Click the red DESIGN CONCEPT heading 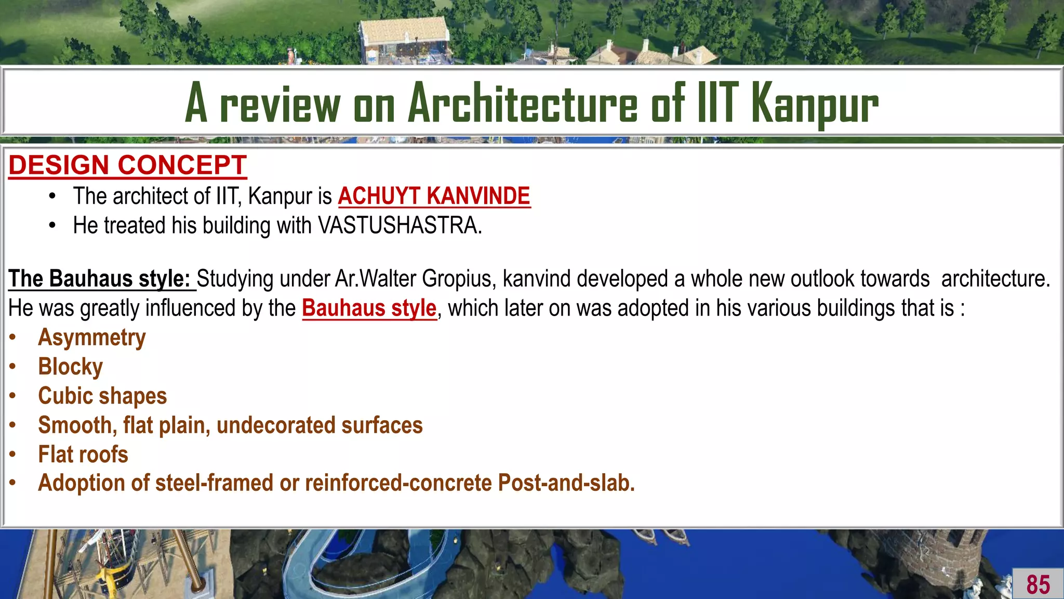tap(127, 165)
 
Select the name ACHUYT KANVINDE tap(434, 196)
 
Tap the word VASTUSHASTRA tap(400, 226)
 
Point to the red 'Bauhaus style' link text tap(369, 308)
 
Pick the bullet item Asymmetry tap(92, 337)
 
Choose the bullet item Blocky tap(71, 367)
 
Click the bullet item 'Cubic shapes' tap(102, 396)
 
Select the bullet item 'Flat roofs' tap(83, 454)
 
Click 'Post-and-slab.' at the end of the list tap(566, 483)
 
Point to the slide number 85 tap(1038, 584)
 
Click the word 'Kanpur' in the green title tap(815, 104)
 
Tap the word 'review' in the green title tap(280, 104)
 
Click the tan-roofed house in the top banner tap(405, 36)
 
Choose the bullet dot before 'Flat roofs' tap(13, 454)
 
